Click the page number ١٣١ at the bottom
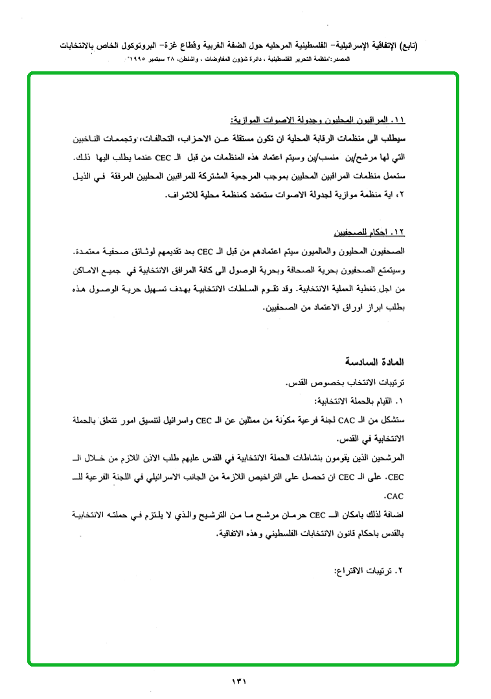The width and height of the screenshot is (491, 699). pos(240,681)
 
